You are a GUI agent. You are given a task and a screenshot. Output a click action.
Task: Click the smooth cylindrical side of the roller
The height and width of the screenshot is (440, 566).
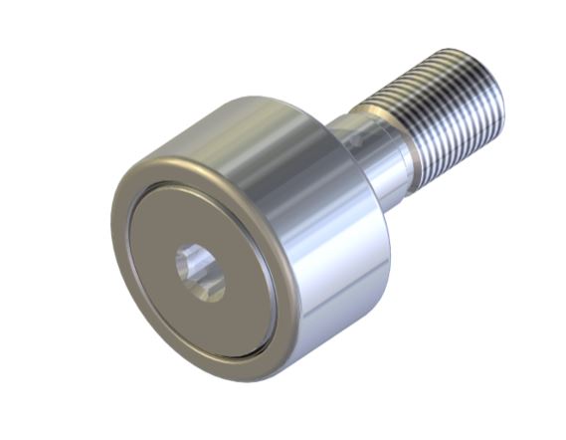pyautogui.click(x=318, y=229)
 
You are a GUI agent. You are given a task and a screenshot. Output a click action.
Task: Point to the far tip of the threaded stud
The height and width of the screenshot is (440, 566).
pyautogui.click(x=492, y=85)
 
